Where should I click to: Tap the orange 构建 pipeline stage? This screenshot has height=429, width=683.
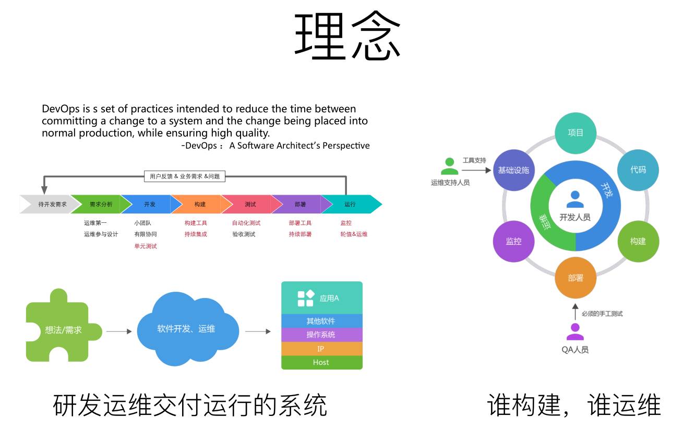click(199, 204)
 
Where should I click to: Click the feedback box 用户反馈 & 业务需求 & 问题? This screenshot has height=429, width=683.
click(184, 176)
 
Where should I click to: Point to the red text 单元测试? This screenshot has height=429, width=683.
click(146, 246)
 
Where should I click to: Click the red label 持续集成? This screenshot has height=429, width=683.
click(196, 234)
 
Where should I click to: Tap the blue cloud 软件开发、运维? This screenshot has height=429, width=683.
click(186, 329)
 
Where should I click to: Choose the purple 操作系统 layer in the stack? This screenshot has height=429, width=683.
click(321, 335)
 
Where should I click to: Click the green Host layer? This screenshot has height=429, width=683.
click(321, 362)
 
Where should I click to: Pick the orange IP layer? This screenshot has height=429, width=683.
click(321, 349)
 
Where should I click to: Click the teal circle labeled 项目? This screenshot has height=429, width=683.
click(576, 133)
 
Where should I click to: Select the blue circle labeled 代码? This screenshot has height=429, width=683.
click(638, 170)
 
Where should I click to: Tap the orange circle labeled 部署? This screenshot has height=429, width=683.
click(576, 278)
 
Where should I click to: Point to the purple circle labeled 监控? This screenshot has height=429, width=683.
click(514, 241)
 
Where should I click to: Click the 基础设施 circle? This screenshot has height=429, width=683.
click(514, 170)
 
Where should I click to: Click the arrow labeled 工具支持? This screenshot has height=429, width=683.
click(476, 170)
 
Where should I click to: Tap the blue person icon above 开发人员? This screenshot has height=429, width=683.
click(575, 199)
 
